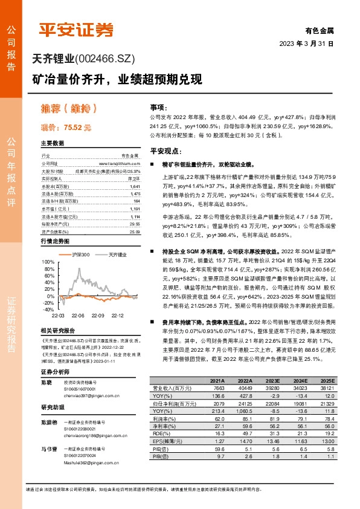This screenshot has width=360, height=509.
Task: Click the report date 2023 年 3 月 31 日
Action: point(306,44)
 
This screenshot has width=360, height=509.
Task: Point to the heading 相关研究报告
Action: point(58,331)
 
